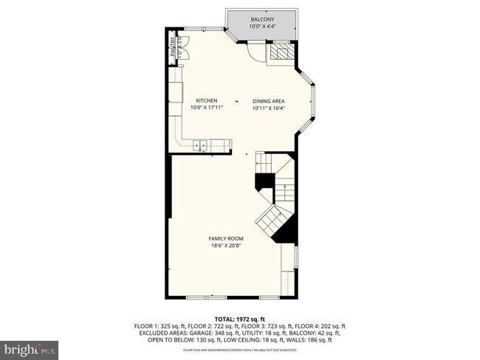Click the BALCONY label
point(261,19)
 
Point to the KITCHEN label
point(206,100)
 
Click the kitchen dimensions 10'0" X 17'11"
point(206,108)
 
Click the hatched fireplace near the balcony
point(279,52)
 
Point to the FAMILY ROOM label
point(227,238)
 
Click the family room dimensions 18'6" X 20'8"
point(227,246)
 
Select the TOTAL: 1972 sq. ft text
point(240,318)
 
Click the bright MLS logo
point(30,347)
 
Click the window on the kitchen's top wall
point(196,29)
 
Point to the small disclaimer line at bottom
point(240,349)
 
